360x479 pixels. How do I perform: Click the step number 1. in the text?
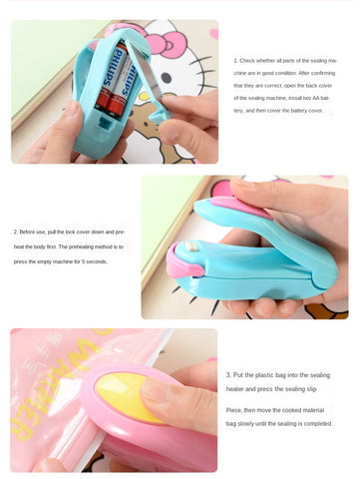pyautogui.click(x=235, y=61)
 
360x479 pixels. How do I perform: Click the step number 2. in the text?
pyautogui.click(x=15, y=232)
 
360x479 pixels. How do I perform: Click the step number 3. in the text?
pyautogui.click(x=228, y=375)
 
